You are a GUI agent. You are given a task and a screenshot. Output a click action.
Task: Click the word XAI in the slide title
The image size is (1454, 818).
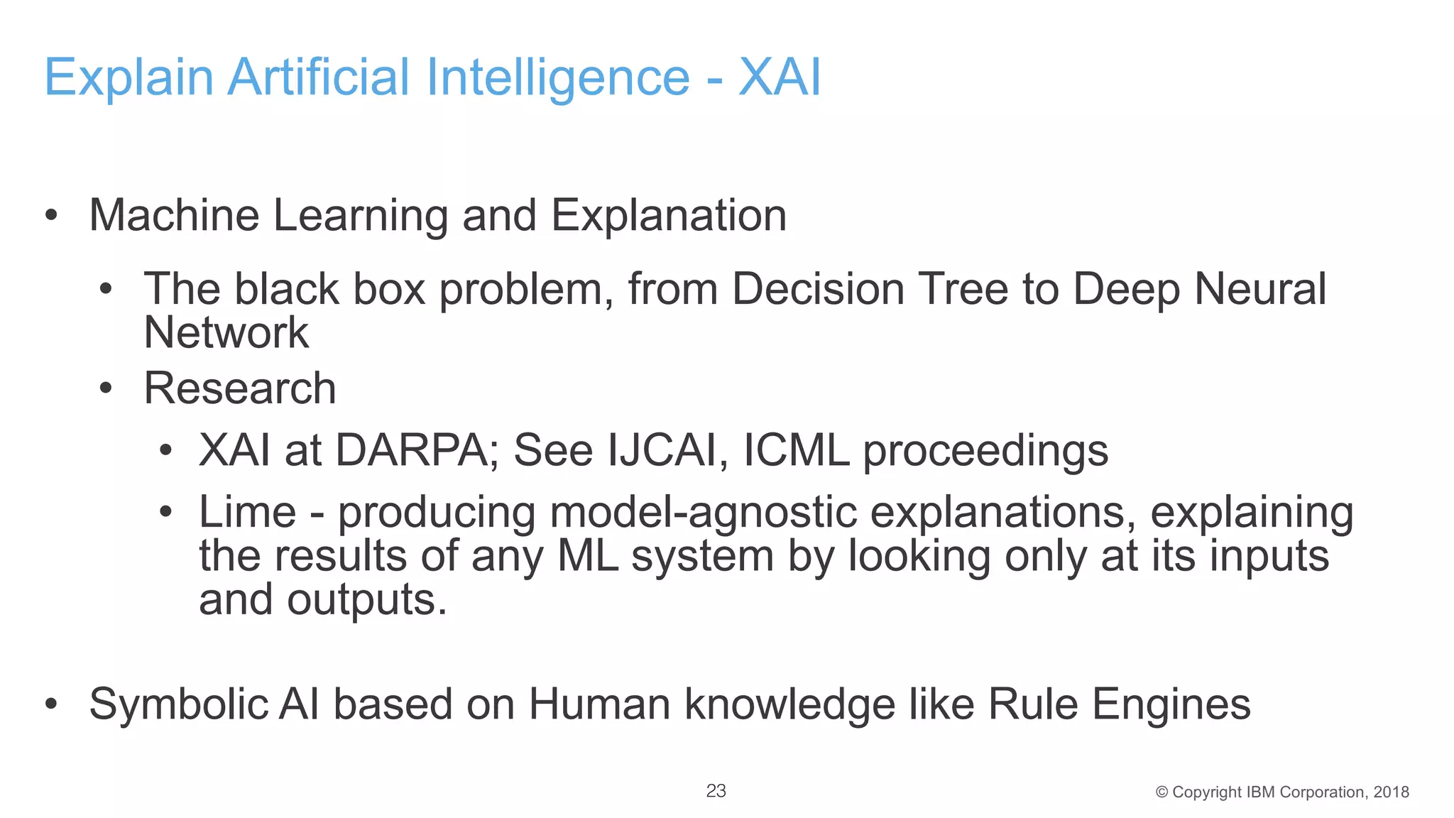(780, 77)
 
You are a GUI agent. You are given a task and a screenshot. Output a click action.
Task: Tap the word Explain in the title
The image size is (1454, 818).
(129, 77)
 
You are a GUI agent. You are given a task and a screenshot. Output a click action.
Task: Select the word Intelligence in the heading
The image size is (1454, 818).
(558, 77)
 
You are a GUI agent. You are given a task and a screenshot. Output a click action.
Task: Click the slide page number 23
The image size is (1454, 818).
(716, 791)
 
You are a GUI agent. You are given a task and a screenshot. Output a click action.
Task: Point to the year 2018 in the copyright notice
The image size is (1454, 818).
(1391, 792)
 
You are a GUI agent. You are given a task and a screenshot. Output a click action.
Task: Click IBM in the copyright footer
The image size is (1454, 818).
(1259, 792)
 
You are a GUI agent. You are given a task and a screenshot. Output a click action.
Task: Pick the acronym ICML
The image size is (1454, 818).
(796, 450)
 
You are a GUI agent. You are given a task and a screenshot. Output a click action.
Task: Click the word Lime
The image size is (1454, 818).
(247, 512)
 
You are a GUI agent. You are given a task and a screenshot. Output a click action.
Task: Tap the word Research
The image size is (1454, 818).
(240, 388)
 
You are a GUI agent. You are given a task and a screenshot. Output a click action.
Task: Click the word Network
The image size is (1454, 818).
(226, 332)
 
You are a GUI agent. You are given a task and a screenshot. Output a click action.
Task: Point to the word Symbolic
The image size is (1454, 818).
(178, 704)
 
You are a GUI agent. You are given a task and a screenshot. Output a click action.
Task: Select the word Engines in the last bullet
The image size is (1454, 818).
(1171, 704)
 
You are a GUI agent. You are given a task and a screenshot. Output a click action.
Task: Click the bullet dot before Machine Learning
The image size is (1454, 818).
(50, 216)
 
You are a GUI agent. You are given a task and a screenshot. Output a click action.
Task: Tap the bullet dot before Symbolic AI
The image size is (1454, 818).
(50, 705)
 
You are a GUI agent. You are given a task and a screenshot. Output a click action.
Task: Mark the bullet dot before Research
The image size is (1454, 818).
(106, 389)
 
